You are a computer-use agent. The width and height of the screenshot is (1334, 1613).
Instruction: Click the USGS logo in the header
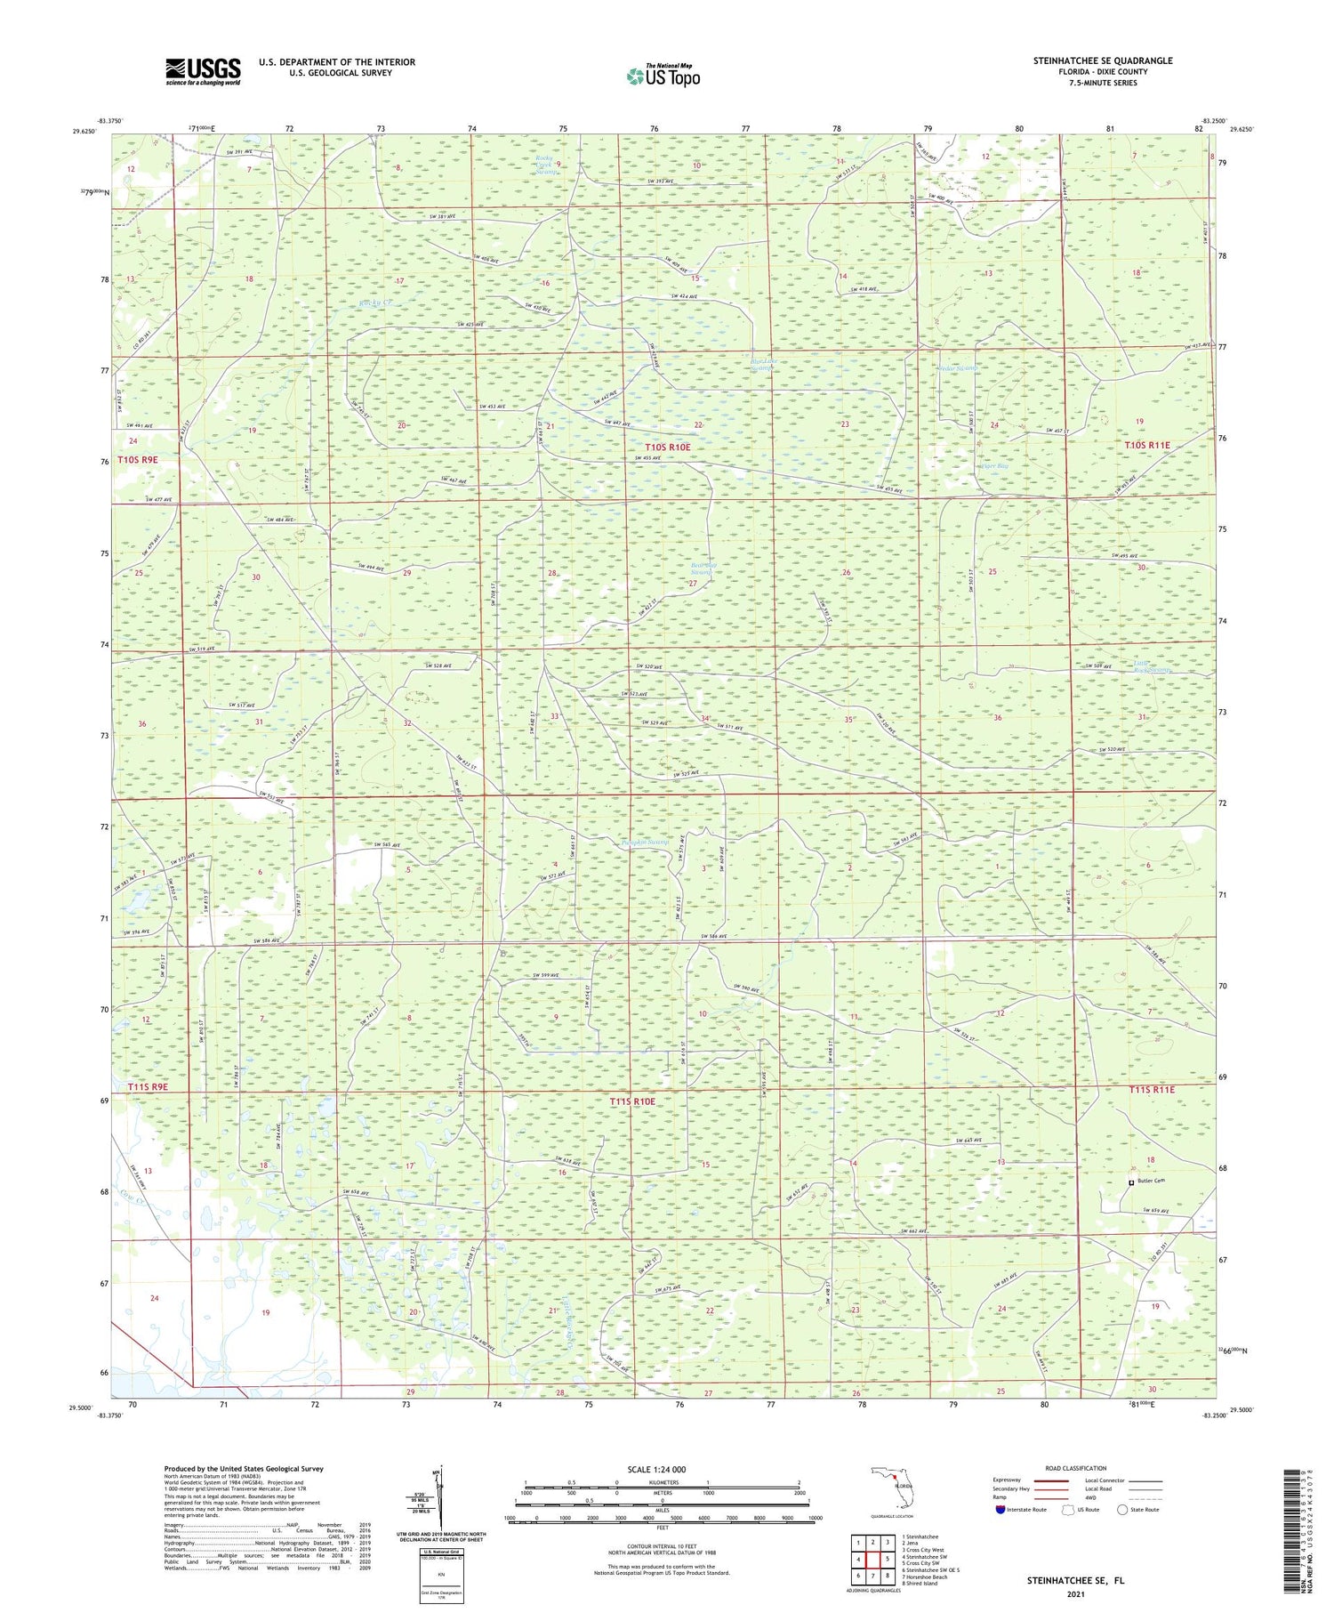point(203,71)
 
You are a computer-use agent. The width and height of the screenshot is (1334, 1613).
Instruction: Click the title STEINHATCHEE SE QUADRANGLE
point(1102,60)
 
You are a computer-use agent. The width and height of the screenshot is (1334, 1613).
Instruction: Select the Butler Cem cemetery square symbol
point(1131,1182)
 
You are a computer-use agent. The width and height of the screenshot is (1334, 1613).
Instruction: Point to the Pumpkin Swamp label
point(645,842)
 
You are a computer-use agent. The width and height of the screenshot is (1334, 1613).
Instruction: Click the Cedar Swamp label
point(958,367)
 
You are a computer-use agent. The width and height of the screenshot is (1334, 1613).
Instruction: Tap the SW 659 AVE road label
point(1162,1211)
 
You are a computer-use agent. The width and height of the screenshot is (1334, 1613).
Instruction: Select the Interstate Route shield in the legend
point(1000,1509)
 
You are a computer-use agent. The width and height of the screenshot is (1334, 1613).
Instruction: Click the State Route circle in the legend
point(1123,1509)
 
